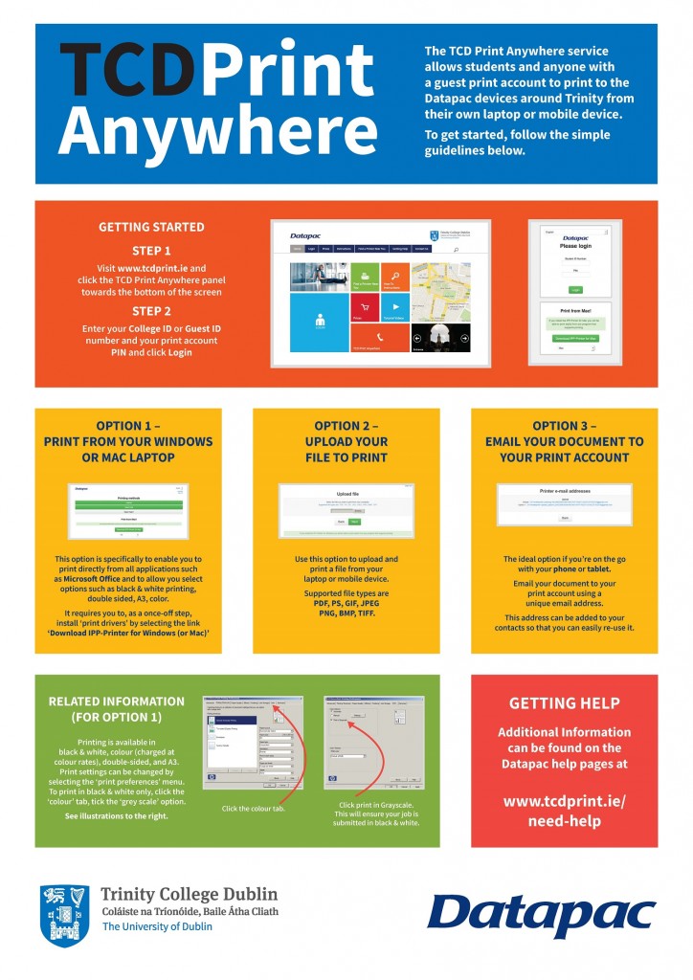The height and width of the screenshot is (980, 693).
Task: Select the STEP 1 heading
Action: pyautogui.click(x=151, y=252)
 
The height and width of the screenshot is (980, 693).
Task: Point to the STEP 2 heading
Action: pyautogui.click(x=151, y=311)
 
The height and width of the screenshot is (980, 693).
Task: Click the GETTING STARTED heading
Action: pyautogui.click(x=151, y=227)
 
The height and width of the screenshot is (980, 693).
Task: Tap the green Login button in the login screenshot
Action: pyautogui.click(x=575, y=288)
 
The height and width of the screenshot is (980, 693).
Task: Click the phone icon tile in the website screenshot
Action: pyautogui.click(x=381, y=337)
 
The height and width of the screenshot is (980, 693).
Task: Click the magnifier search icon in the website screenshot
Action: pyautogui.click(x=457, y=249)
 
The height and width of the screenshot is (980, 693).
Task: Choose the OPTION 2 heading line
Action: pyautogui.click(x=346, y=426)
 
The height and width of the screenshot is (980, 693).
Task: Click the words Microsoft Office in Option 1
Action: pyautogui.click(x=99, y=579)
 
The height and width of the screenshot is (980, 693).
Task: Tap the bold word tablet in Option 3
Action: pyautogui.click(x=598, y=568)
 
